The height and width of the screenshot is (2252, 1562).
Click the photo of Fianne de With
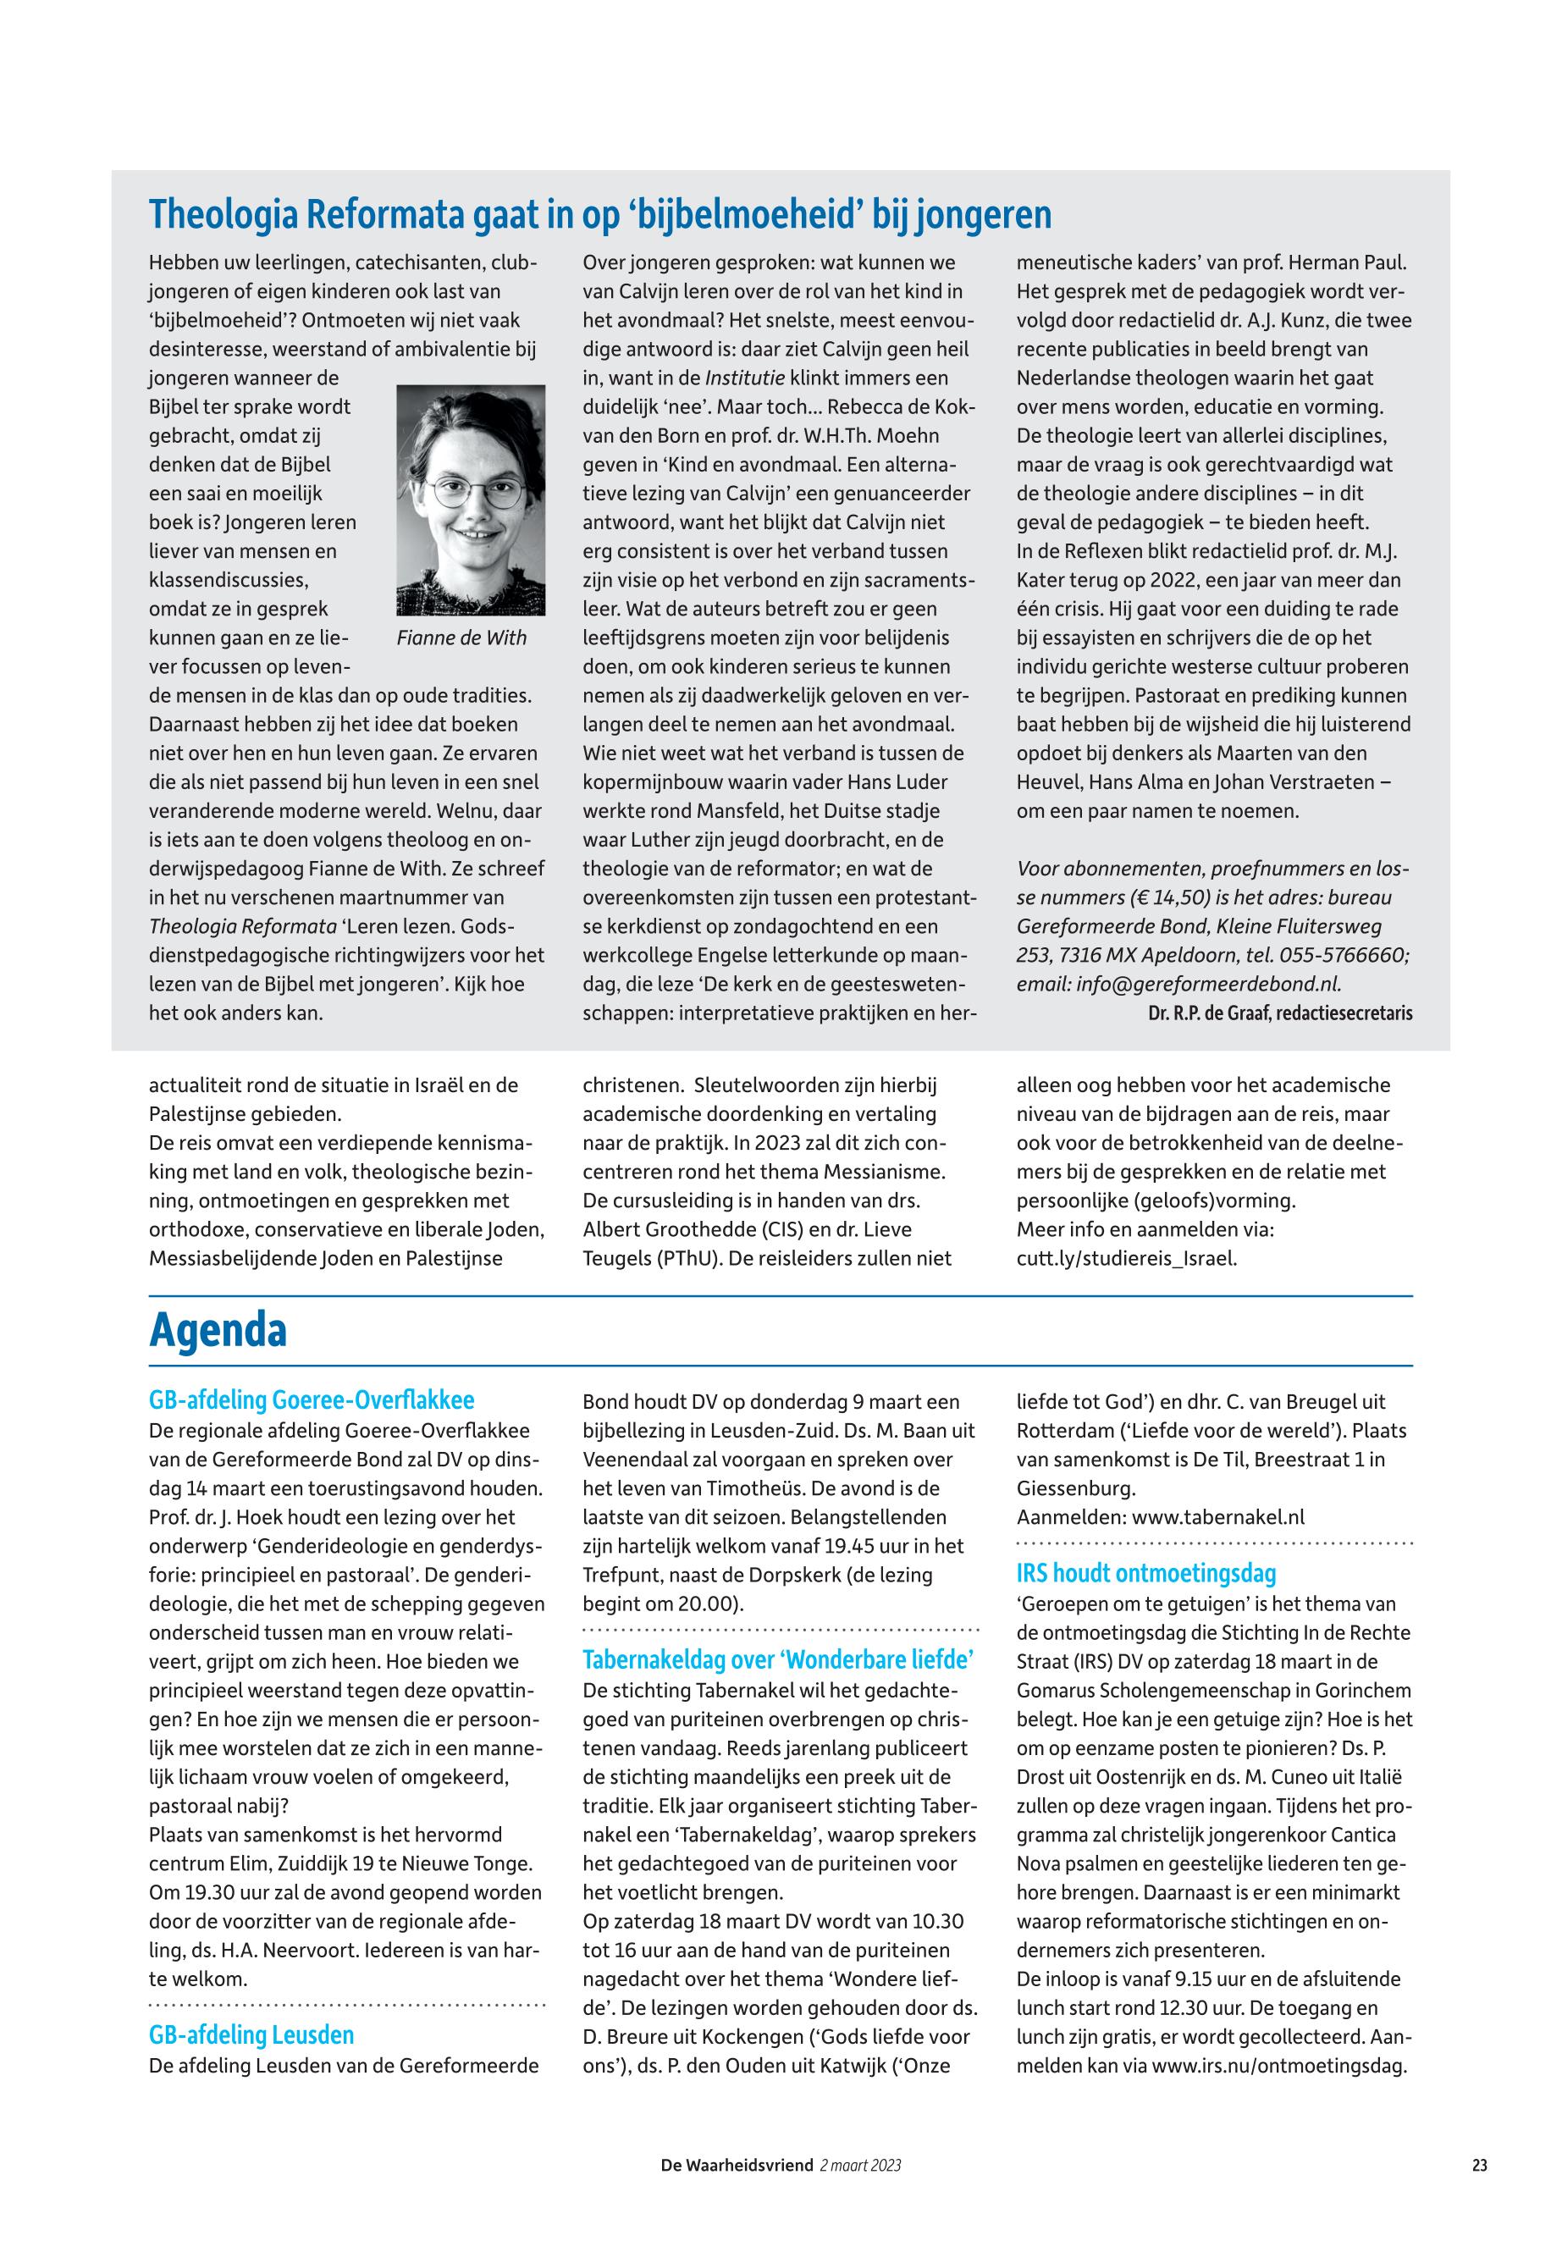pos(471,500)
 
